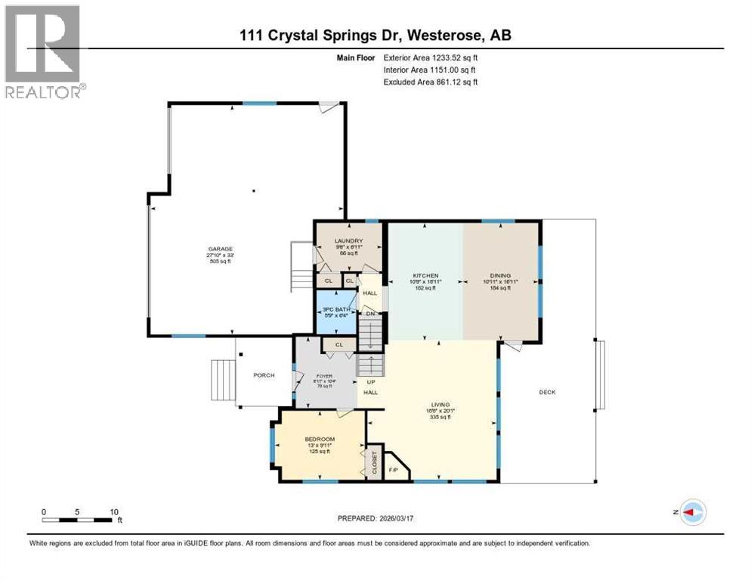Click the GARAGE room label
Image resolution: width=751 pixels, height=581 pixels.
221,249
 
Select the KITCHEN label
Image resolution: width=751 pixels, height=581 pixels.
425,275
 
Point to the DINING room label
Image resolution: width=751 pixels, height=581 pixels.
500,275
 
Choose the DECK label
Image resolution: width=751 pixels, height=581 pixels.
548,392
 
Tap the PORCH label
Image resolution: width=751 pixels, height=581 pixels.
264,376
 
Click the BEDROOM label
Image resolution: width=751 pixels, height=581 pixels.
320,439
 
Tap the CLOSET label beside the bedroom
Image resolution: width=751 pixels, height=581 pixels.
374,464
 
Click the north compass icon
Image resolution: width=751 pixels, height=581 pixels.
692,512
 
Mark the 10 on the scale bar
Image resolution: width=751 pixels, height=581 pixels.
114,512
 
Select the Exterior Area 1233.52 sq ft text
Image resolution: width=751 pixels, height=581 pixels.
431,57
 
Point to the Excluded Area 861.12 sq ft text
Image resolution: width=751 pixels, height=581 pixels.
431,82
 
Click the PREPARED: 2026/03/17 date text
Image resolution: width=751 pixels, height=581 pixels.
376,518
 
